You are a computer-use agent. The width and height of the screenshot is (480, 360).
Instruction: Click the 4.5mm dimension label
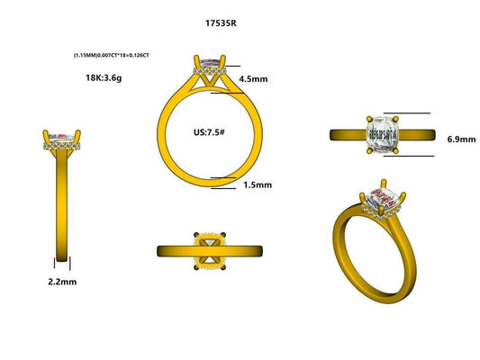click(255, 78)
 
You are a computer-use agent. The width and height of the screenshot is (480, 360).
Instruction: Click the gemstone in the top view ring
click(385, 134)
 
